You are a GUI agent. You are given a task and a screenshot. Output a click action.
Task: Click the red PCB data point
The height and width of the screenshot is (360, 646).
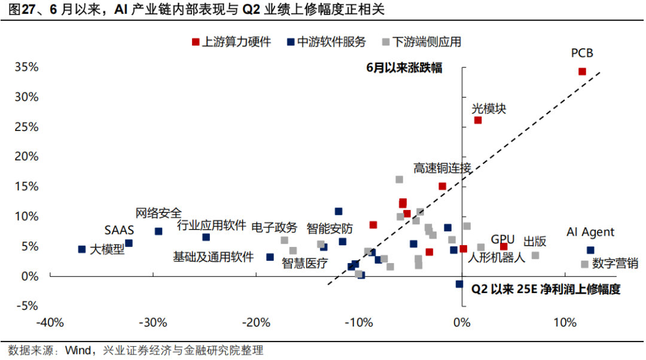click(582, 72)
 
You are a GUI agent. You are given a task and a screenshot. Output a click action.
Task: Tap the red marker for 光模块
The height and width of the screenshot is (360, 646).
click(478, 120)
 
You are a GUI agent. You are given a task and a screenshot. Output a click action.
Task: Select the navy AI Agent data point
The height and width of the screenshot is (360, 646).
click(590, 250)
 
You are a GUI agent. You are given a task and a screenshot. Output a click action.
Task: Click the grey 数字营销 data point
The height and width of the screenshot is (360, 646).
click(584, 264)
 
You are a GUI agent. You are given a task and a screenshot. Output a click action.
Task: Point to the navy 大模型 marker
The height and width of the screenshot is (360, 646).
click(82, 249)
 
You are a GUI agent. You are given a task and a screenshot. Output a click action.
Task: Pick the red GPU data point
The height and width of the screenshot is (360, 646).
click(504, 246)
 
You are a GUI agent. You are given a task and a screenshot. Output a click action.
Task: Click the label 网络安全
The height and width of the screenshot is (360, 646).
click(159, 213)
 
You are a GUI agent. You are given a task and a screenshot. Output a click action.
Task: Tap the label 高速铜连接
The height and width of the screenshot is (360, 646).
click(442, 168)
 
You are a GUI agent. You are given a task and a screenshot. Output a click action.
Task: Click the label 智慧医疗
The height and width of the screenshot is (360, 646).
click(304, 263)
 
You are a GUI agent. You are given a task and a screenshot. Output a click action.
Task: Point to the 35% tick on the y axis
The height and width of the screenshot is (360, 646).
click(27, 67)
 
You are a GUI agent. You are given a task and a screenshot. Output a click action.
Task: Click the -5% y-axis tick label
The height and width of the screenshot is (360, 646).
click(27, 306)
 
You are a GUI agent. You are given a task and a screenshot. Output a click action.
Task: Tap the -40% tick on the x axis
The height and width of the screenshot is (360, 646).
click(50, 324)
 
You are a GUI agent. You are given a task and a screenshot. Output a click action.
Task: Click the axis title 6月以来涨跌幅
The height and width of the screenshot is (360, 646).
click(404, 68)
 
